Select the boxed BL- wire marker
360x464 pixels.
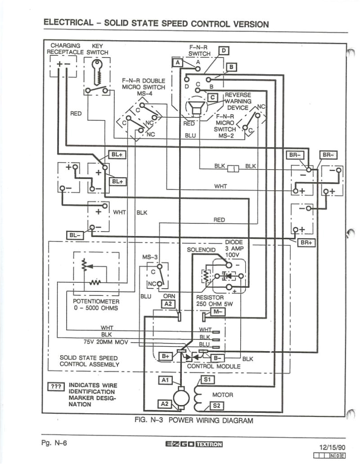74,235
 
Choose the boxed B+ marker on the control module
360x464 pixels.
166,356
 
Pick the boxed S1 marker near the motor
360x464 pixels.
207,380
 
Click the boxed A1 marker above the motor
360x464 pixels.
165,380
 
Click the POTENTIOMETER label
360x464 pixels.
96,301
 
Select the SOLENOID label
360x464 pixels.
202,249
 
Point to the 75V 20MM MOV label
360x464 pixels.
106,342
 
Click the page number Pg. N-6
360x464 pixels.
54,443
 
